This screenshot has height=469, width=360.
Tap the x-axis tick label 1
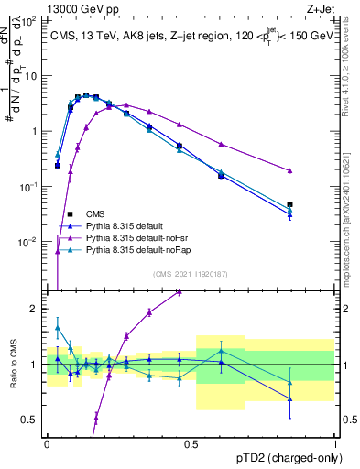334,442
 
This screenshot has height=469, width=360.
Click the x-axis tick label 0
47,442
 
